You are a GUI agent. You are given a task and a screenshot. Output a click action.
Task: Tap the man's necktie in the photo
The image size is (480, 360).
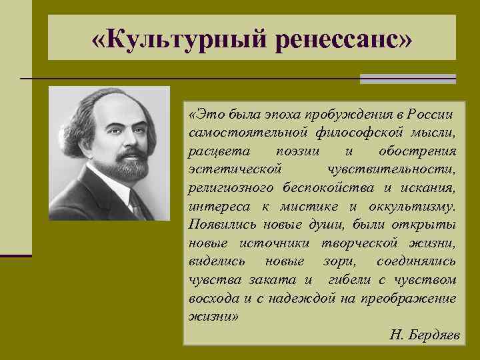(x=136, y=203)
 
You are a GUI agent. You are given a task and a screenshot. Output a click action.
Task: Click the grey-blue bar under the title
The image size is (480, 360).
(x=407, y=79)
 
